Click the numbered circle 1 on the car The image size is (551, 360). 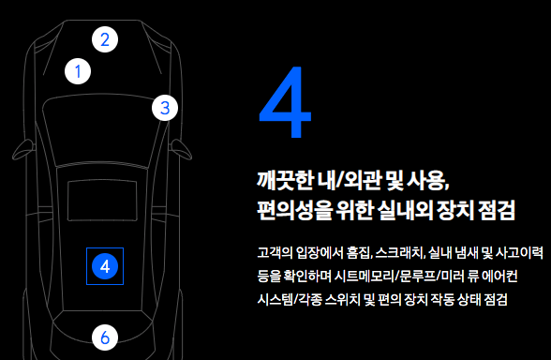(x=79, y=71)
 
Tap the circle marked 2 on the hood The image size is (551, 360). (x=105, y=39)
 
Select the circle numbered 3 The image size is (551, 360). (x=164, y=108)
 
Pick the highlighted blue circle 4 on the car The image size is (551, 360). (x=105, y=266)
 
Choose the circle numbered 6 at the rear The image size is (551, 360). (x=105, y=337)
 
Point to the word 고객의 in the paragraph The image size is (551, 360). (x=274, y=253)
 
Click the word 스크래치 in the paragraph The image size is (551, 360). (x=395, y=253)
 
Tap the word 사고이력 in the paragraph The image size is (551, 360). (x=518, y=253)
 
